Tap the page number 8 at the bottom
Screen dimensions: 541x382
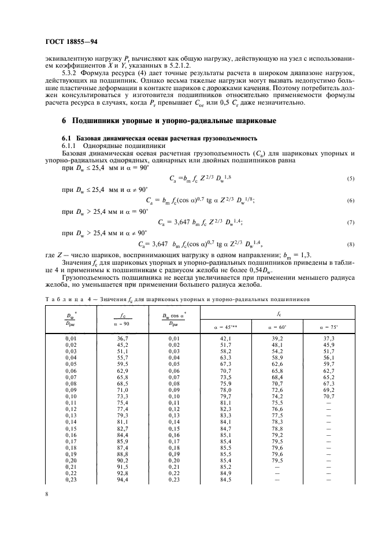[46, 494]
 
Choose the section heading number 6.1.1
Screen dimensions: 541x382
[73, 147]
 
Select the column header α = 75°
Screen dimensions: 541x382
[329, 325]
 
